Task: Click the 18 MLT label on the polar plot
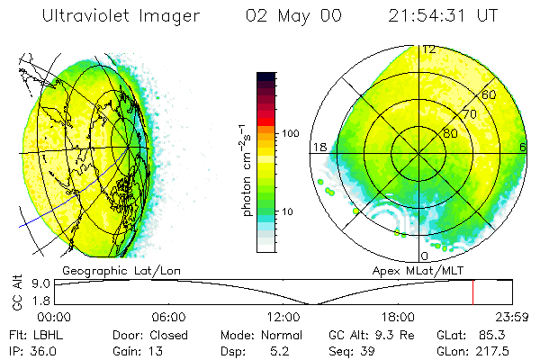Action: pos(319,147)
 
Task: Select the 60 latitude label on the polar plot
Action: pos(490,94)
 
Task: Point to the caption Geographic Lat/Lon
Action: pos(107,270)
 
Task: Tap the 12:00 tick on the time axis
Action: pos(283,316)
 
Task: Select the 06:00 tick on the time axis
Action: pos(169,316)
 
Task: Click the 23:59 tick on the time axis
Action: pos(509,316)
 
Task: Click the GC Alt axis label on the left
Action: pos(17,294)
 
